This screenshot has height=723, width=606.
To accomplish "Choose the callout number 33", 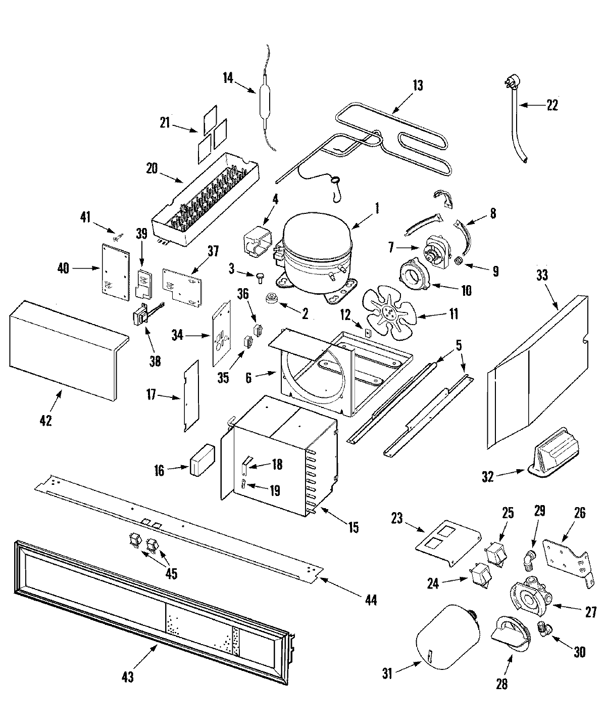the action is point(542,276).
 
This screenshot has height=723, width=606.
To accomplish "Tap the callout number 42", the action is point(45,420).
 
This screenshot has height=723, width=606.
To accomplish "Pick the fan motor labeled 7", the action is point(436,251).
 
